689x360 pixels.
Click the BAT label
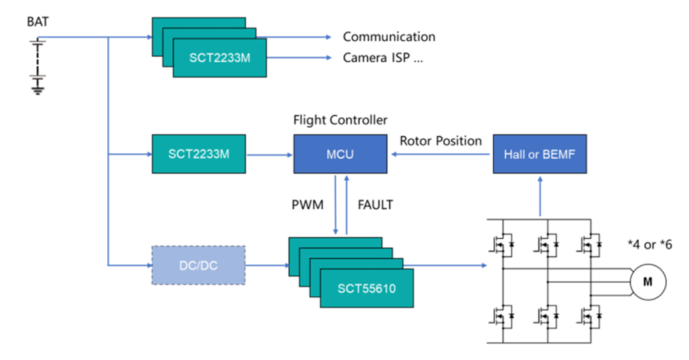point(38,23)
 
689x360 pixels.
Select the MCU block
point(340,154)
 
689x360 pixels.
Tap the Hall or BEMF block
point(540,154)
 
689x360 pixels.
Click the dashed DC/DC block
point(198,265)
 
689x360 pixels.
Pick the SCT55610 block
point(367,289)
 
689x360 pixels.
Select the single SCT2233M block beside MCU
point(199,154)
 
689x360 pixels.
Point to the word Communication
point(389,37)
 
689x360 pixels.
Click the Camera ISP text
point(383,58)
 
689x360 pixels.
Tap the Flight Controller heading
point(340,120)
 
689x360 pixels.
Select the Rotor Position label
point(441,140)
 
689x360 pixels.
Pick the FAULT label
point(375,206)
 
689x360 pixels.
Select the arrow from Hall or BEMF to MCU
point(440,155)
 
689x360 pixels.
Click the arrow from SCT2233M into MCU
point(269,155)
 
